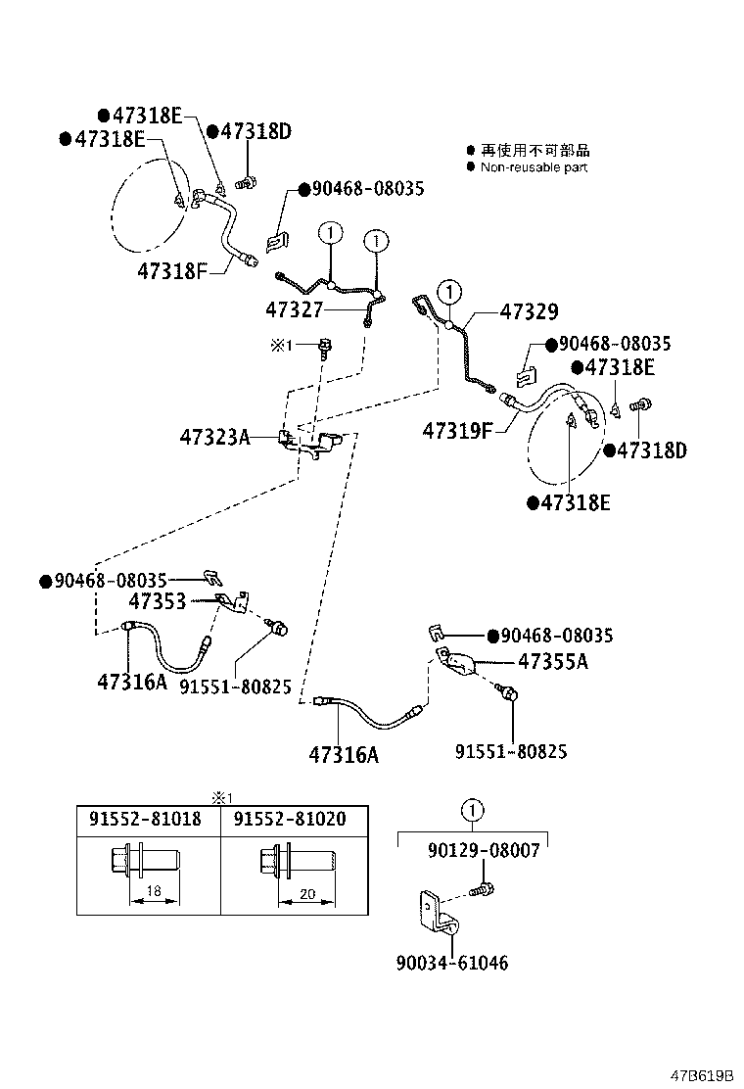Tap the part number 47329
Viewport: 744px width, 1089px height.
[529, 311]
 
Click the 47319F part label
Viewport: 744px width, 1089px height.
[457, 429]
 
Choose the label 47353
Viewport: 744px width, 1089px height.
[158, 601]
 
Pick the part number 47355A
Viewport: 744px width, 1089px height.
[552, 661]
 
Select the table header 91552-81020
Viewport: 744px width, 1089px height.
[290, 819]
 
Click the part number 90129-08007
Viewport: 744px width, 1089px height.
[483, 850]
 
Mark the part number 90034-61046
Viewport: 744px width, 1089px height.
[452, 963]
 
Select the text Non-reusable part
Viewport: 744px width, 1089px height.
[534, 167]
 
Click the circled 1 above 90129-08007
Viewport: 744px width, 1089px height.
[472, 810]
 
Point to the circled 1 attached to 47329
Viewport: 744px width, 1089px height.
[449, 291]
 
